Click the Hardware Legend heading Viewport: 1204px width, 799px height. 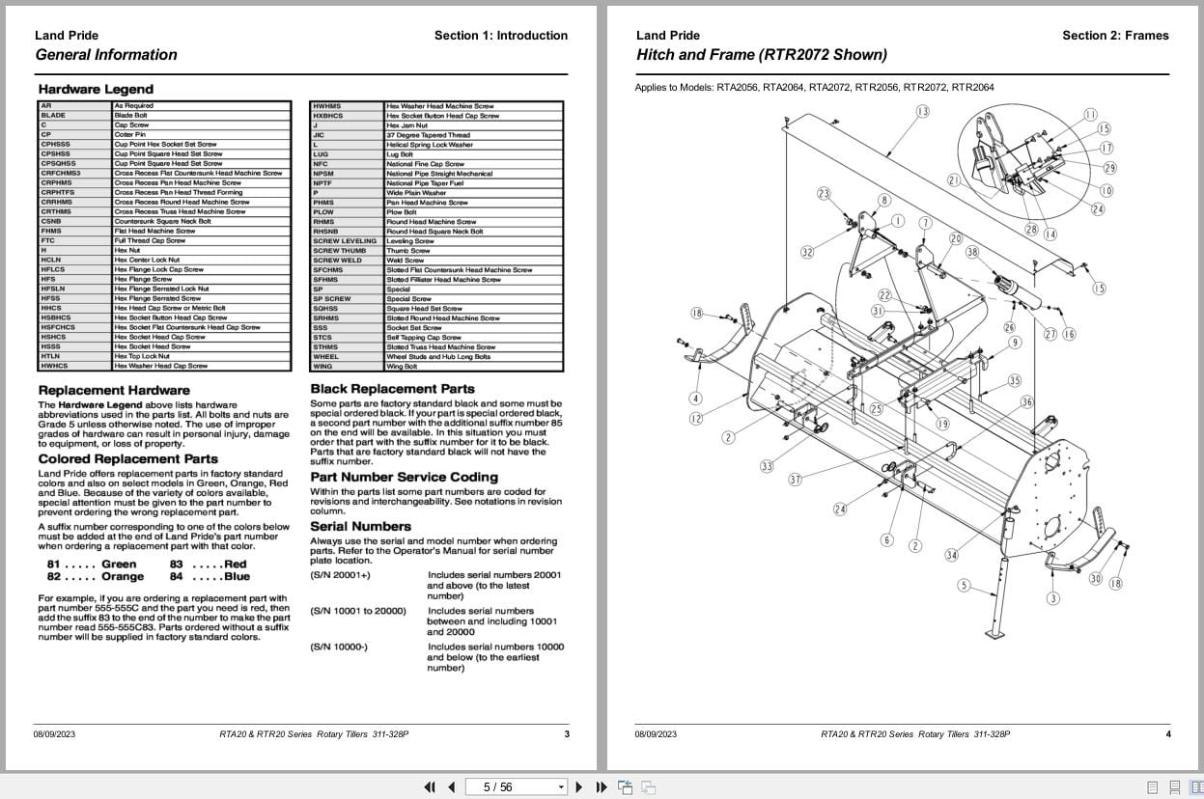pyautogui.click(x=96, y=90)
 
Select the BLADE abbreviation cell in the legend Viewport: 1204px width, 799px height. pyautogui.click(x=53, y=116)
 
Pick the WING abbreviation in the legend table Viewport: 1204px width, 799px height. pyautogui.click(x=322, y=367)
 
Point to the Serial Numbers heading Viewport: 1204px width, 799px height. pyautogui.click(x=360, y=527)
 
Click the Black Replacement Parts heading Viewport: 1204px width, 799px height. pyautogui.click(x=392, y=389)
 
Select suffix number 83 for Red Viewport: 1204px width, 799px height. pyautogui.click(x=177, y=565)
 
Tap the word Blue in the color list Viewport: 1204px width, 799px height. pyautogui.click(x=237, y=577)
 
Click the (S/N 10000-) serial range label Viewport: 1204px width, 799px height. pyautogui.click(x=339, y=647)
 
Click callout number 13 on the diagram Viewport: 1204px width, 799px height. pyautogui.click(x=922, y=112)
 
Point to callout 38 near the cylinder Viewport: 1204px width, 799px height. pyautogui.click(x=972, y=253)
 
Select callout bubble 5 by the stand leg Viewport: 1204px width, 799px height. pyautogui.click(x=964, y=585)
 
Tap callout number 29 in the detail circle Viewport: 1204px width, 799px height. pyautogui.click(x=1110, y=168)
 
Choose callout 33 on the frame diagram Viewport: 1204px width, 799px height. pyautogui.click(x=767, y=466)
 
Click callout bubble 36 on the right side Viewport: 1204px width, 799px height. pyautogui.click(x=1026, y=402)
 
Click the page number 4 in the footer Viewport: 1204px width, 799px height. pyautogui.click(x=1168, y=734)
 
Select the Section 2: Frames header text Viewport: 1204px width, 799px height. pyautogui.click(x=1115, y=36)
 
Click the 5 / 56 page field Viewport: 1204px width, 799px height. pyautogui.click(x=498, y=787)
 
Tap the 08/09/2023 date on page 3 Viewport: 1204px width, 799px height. pyautogui.click(x=54, y=734)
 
